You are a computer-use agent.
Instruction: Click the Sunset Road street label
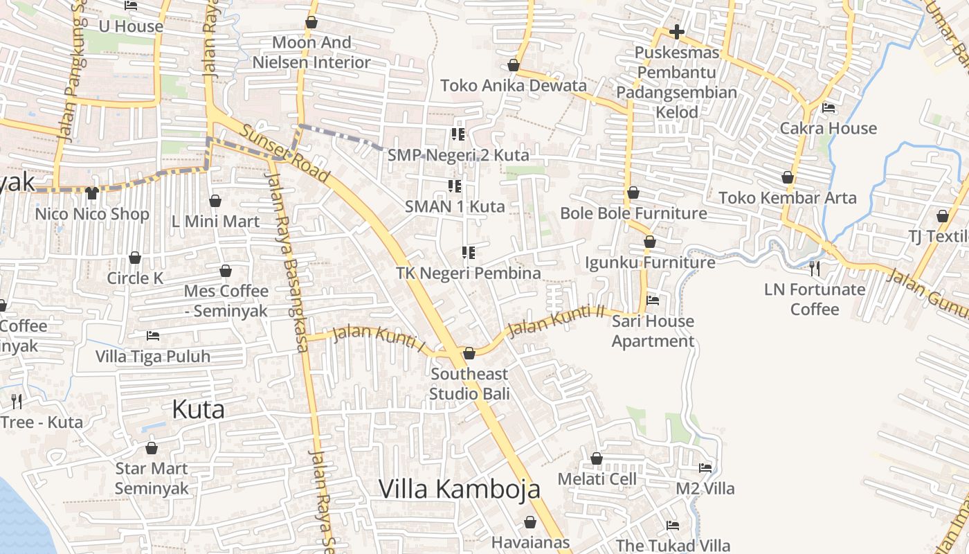coord(285,154)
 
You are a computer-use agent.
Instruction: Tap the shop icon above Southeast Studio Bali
coord(469,354)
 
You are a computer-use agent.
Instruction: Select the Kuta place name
coord(198,409)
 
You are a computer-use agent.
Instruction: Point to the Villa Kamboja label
coord(459,489)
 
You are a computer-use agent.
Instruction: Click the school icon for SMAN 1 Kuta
coord(455,186)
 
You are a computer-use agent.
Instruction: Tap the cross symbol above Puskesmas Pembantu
coord(677,32)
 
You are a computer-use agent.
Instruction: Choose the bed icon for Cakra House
coord(828,108)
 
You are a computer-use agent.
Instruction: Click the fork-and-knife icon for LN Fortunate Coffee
coord(815,268)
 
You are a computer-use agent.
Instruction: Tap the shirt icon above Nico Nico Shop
coord(92,193)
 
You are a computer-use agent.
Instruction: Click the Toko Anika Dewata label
coord(514,86)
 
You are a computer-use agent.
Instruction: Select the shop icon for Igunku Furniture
coord(650,242)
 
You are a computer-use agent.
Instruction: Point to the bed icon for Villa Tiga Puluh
coord(153,336)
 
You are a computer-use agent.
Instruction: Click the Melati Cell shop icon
coord(597,458)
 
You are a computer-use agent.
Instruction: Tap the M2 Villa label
coord(705,489)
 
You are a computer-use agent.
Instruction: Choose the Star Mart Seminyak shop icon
coord(152,448)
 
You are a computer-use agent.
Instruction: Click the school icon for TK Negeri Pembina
coord(469,253)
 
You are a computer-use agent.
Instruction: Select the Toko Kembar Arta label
coord(788,198)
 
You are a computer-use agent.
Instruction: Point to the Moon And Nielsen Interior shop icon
coord(311,22)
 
